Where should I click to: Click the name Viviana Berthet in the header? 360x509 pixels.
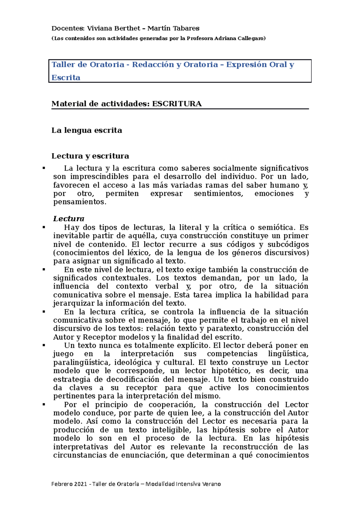[x=113, y=28]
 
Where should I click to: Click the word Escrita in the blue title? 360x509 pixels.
[x=66, y=78]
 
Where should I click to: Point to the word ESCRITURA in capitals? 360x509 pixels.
[x=177, y=104]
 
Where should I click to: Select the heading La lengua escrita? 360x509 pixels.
[x=87, y=130]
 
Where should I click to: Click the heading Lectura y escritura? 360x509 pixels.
[x=90, y=156]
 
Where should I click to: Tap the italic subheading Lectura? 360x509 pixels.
[x=69, y=219]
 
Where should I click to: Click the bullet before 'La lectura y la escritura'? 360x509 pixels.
[x=44, y=168]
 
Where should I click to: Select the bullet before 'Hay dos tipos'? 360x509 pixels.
[x=44, y=228]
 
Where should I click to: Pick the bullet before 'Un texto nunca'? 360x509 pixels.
[x=44, y=345]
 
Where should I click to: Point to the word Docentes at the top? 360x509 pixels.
[x=67, y=28]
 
